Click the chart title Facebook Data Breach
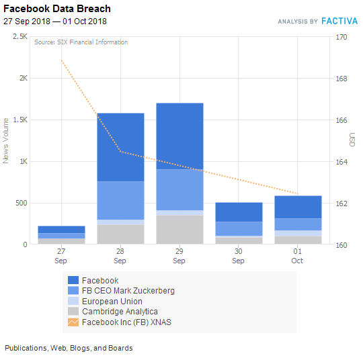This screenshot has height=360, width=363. pos(57,9)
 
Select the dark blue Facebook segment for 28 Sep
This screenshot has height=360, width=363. pos(120,146)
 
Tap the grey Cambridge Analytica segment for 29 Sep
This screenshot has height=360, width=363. pos(179,230)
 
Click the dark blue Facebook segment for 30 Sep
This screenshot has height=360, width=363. pos(238,212)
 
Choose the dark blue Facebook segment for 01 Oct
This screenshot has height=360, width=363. pos(297,207)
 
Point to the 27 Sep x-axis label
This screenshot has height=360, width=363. pos(61,256)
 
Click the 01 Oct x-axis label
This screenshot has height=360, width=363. pos(297,256)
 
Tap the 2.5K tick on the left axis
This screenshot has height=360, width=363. pos(20,37)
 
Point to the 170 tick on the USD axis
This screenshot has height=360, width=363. pos(341,37)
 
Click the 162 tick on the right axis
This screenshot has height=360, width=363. pos(341,203)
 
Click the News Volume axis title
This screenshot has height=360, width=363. pos(6,140)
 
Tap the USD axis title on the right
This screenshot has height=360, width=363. pos(352,140)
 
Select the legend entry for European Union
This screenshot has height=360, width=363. pos(112,302)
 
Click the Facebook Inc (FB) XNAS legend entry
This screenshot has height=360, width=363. pos(126,322)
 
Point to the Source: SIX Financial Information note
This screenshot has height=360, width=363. pos(81,42)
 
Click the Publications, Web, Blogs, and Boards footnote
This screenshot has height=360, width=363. pos(69,348)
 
